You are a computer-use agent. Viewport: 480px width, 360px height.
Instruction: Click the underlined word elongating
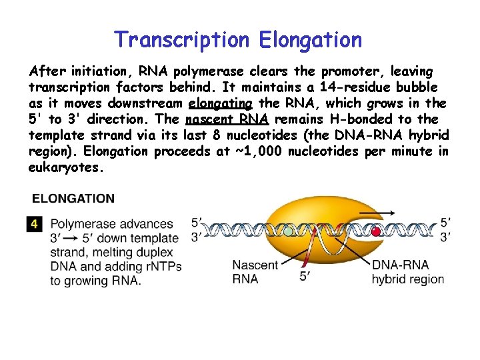(221, 103)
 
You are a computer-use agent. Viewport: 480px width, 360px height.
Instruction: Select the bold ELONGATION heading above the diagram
(73, 199)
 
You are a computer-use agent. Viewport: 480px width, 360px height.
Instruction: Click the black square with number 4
(35, 225)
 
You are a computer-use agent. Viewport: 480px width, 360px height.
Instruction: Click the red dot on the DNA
(376, 231)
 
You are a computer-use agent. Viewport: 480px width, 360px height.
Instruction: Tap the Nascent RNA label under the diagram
(255, 272)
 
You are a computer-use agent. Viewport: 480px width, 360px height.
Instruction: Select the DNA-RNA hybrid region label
(407, 272)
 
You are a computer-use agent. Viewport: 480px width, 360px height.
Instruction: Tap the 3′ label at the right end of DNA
(445, 235)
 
